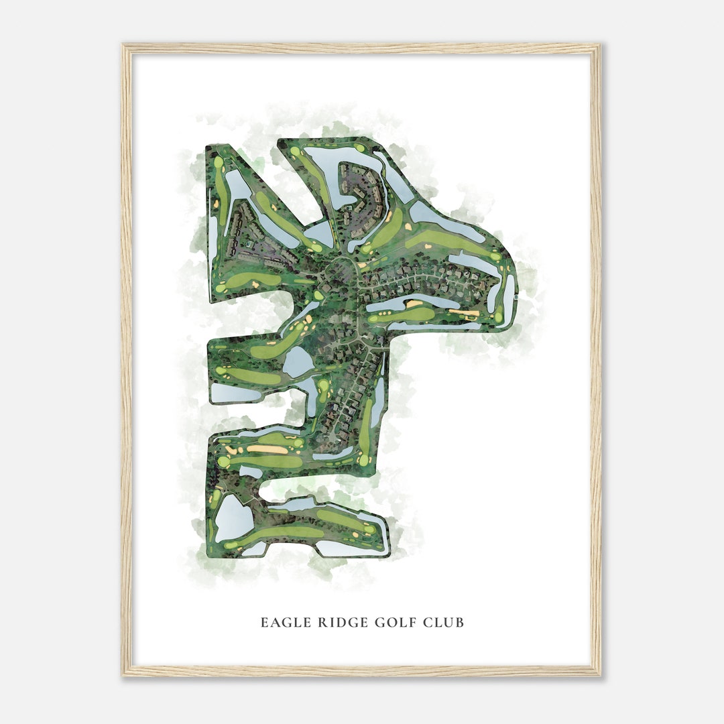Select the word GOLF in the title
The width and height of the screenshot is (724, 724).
[x=387, y=623]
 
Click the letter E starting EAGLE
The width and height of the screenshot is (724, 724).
[x=264, y=623]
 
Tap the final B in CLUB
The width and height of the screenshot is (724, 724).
[x=460, y=623]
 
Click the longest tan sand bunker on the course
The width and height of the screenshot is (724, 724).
[x=268, y=449]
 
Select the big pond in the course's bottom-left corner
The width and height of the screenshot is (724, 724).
[x=232, y=518]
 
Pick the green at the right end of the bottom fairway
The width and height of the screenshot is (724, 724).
[x=369, y=530]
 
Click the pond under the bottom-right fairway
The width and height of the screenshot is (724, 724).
[x=349, y=548]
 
